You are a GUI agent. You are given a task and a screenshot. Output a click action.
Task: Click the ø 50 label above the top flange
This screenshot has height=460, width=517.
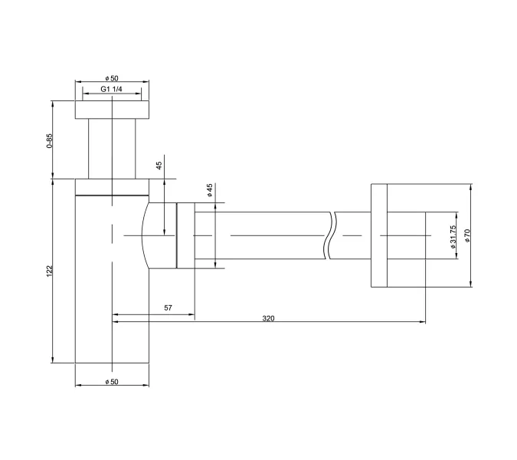(113, 78)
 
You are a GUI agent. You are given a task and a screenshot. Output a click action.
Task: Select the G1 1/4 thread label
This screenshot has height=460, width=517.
(113, 90)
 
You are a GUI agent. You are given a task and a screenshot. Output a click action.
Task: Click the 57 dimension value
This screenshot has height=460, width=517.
(169, 308)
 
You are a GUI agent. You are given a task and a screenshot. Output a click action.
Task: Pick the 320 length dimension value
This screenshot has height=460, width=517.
(269, 317)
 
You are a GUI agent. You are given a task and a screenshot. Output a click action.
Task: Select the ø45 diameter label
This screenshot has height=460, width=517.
(208, 190)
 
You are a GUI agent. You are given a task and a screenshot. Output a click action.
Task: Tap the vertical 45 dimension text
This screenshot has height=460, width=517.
(159, 165)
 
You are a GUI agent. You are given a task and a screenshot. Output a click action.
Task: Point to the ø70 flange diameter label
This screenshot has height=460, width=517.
(466, 235)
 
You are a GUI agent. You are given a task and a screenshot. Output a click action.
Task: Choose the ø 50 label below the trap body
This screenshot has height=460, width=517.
(113, 381)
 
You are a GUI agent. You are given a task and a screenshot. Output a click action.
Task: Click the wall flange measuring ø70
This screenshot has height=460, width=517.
(381, 235)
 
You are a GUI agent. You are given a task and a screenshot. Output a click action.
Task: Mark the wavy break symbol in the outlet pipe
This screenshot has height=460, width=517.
(330, 235)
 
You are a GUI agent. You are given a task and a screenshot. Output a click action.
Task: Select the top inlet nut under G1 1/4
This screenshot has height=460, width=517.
(113, 110)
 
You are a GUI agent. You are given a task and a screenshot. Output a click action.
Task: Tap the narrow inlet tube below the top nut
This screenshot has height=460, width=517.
(113, 149)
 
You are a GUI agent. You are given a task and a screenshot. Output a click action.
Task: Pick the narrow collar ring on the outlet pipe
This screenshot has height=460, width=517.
(185, 235)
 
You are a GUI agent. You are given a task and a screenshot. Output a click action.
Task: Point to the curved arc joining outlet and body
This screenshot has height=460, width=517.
(145, 235)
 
